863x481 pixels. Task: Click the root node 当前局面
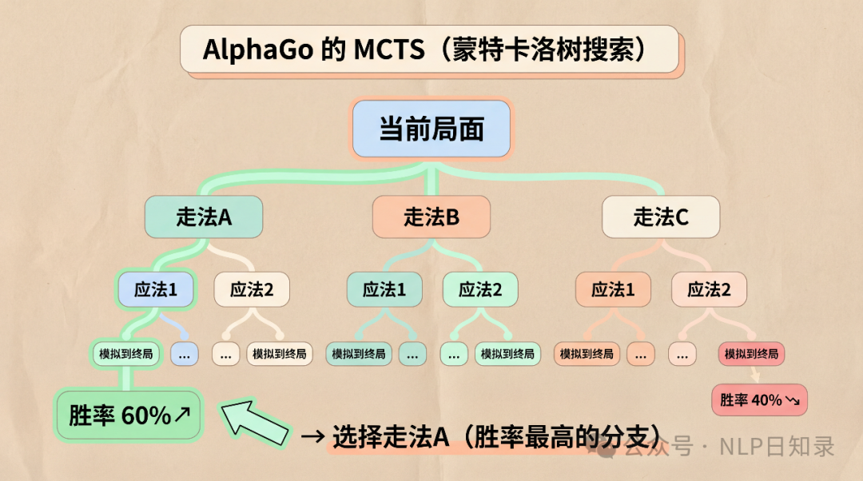pyautogui.click(x=431, y=129)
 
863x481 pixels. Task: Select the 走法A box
pyautogui.click(x=204, y=217)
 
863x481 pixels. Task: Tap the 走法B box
pyautogui.click(x=431, y=217)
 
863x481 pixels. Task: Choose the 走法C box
pyautogui.click(x=661, y=217)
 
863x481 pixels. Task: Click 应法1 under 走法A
pyautogui.click(x=156, y=289)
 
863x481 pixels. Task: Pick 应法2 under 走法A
pyautogui.click(x=252, y=289)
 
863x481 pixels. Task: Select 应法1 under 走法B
pyautogui.click(x=384, y=289)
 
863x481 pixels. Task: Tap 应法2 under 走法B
pyautogui.click(x=480, y=289)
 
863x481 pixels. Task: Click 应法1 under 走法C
pyautogui.click(x=613, y=289)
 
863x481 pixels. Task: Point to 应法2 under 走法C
pyautogui.click(x=709, y=289)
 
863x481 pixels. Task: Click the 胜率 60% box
pyautogui.click(x=128, y=415)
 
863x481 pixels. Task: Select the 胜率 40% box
pyautogui.click(x=759, y=400)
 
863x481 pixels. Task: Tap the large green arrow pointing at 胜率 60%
pyautogui.click(x=254, y=423)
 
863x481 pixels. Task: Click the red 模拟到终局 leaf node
pyautogui.click(x=751, y=353)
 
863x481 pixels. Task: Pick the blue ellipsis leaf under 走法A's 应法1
pyautogui.click(x=185, y=353)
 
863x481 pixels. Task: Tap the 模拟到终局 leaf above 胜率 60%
pyautogui.click(x=126, y=353)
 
